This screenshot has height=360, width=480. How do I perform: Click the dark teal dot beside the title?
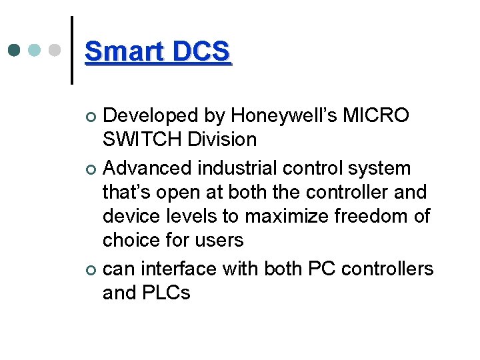click(15, 51)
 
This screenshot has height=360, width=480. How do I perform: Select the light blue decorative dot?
click(35, 51)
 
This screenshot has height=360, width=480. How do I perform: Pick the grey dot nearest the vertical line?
click(56, 51)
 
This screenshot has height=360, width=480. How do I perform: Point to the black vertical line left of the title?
click(72, 51)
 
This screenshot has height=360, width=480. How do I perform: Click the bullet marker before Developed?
click(92, 117)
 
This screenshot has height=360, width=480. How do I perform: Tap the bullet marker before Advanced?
click(92, 169)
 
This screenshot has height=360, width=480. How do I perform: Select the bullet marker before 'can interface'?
click(92, 270)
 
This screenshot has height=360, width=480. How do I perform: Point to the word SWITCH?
click(142, 140)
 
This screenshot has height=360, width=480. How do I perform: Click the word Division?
click(222, 140)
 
